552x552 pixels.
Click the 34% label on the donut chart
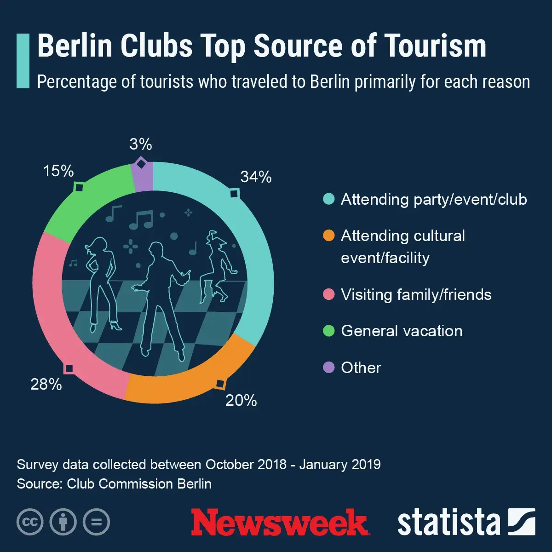pos(256,177)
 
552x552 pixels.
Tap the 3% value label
pos(141,144)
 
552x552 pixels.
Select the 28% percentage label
pos(46,384)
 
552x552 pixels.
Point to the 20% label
pos(241,401)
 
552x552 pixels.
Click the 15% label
pos(58,171)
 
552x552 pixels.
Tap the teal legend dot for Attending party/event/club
pos(329,199)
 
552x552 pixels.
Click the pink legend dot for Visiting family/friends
pos(329,294)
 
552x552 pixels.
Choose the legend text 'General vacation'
pos(402,331)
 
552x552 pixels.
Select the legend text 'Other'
pos(361,368)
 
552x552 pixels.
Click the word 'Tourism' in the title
pos(435,46)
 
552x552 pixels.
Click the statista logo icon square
pos(521,522)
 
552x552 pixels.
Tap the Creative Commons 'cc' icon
pos(30,522)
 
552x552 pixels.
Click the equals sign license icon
pos(97,522)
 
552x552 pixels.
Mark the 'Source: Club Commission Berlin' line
pos(114,484)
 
